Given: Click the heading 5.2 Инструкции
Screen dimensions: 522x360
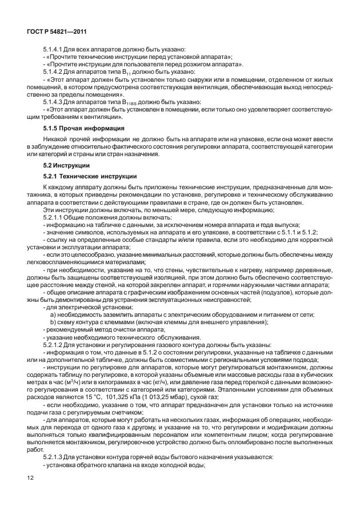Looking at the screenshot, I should tap(65, 165).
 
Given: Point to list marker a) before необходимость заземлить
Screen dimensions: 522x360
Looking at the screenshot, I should tap(53, 314).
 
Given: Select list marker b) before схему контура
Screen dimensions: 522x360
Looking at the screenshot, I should tap(53, 322).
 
